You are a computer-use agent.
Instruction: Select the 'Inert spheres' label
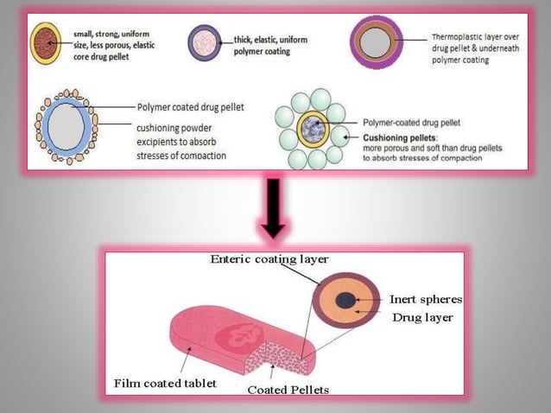(x=425, y=299)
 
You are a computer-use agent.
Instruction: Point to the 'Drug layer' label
(x=422, y=318)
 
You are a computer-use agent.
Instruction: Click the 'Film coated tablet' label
(x=165, y=382)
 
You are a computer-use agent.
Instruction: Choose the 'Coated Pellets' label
(x=288, y=390)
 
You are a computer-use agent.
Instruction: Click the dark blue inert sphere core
(x=345, y=300)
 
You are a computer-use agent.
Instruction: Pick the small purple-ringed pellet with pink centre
(x=204, y=41)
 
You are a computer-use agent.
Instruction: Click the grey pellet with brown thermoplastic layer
(x=377, y=42)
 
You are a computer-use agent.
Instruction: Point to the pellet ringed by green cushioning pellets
(x=311, y=130)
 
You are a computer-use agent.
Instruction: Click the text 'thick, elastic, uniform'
(x=271, y=38)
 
